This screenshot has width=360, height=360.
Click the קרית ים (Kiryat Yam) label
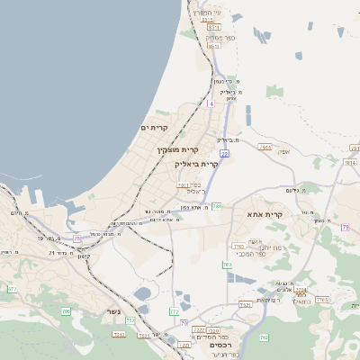pos(156,128)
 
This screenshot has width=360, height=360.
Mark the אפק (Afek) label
pos(283,152)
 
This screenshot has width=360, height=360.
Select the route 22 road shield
pos(224,154)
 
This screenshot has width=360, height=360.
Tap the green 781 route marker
pos(217,206)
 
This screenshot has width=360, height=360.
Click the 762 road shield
pos(264,337)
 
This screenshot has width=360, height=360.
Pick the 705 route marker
pos(66,311)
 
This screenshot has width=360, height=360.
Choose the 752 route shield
pos(130,319)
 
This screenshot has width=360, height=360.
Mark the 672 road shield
pos(12,289)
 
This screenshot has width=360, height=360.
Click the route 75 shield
pos(77,238)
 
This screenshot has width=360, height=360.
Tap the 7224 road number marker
pos(301,289)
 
